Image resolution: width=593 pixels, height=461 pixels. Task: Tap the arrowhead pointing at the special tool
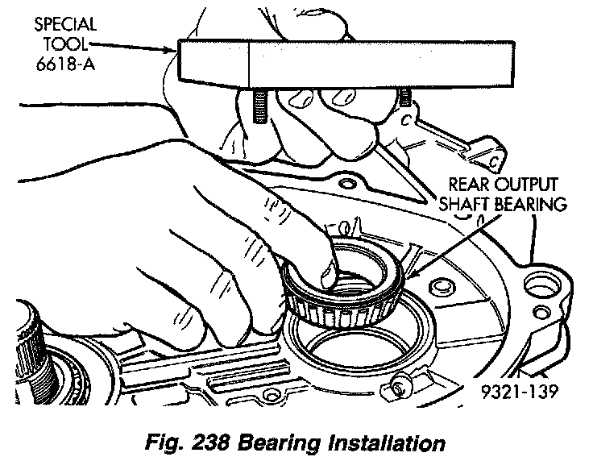pos(174,48)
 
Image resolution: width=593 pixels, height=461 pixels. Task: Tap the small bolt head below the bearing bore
pos(397,390)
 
